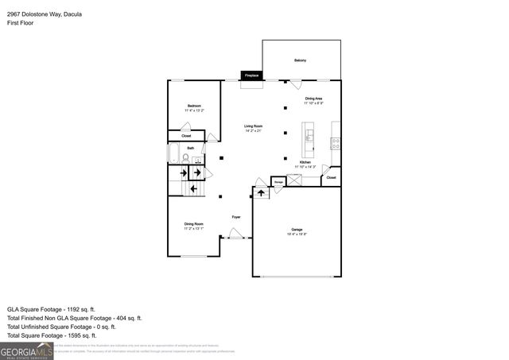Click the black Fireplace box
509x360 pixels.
pyautogui.click(x=251, y=75)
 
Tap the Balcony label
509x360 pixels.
pyautogui.click(x=300, y=60)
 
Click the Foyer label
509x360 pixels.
pyautogui.click(x=236, y=216)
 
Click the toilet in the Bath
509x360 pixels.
pyautogui.click(x=185, y=157)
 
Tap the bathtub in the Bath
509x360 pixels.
pyautogui.click(x=173, y=153)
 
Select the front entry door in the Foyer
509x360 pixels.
pyautogui.click(x=234, y=234)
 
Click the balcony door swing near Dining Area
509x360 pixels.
pyautogui.click(x=295, y=83)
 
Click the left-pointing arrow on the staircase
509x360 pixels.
pyautogui.click(x=193, y=188)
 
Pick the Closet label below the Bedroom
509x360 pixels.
pyautogui.click(x=186, y=136)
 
